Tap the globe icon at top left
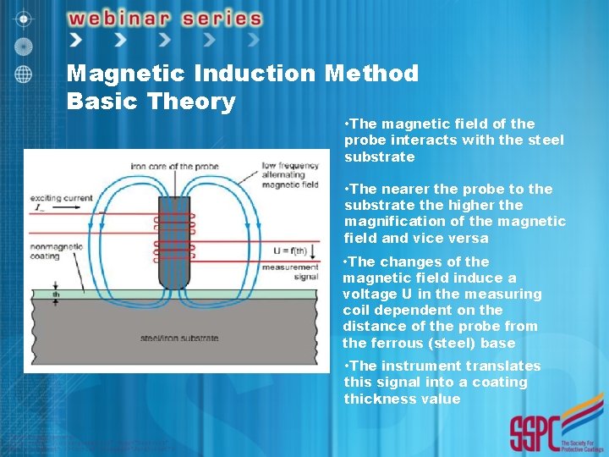tap(25, 73)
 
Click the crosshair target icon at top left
tap(25, 18)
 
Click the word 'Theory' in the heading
tap(191, 102)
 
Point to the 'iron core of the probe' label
tap(175, 166)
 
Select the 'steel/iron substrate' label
tap(179, 339)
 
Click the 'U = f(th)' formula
tap(291, 248)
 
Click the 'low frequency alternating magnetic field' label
tap(289, 174)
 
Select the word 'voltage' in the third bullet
tap(368, 294)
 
